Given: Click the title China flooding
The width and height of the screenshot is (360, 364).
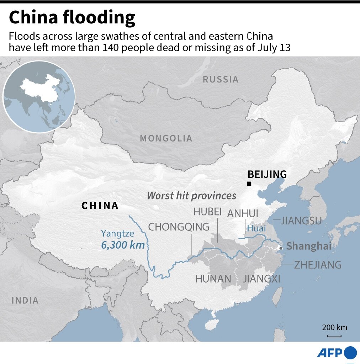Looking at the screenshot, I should (x=72, y=18).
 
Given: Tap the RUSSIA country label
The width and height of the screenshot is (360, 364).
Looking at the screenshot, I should (x=221, y=80).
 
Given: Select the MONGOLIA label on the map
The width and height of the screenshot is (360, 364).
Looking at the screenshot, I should (x=166, y=138).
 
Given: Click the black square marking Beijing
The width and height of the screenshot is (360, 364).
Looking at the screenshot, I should (x=249, y=184).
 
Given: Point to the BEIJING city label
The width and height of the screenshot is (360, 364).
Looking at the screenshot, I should (x=267, y=174).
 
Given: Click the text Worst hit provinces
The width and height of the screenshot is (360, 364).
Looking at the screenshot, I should (x=191, y=196).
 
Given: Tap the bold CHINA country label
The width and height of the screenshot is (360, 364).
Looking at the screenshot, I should (x=100, y=205).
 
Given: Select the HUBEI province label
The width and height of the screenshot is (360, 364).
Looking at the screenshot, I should (x=207, y=212).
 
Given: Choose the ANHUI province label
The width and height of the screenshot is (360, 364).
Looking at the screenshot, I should (x=243, y=213).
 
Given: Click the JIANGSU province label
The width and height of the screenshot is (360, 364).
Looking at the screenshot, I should (x=301, y=221).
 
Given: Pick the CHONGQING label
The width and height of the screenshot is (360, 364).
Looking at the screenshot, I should (x=179, y=227).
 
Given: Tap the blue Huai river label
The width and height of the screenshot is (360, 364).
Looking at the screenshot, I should (x=256, y=229).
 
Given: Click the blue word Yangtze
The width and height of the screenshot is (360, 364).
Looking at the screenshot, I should (x=117, y=234).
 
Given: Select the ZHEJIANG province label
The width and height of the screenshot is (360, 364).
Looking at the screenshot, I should (x=318, y=265).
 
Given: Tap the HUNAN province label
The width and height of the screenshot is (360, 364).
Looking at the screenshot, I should (x=213, y=279).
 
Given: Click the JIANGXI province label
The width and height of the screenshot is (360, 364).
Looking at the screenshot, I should (x=261, y=279).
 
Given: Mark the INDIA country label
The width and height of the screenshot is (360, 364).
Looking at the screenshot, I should (x=25, y=300).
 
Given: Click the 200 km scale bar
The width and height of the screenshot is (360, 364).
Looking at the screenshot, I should (x=334, y=336).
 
